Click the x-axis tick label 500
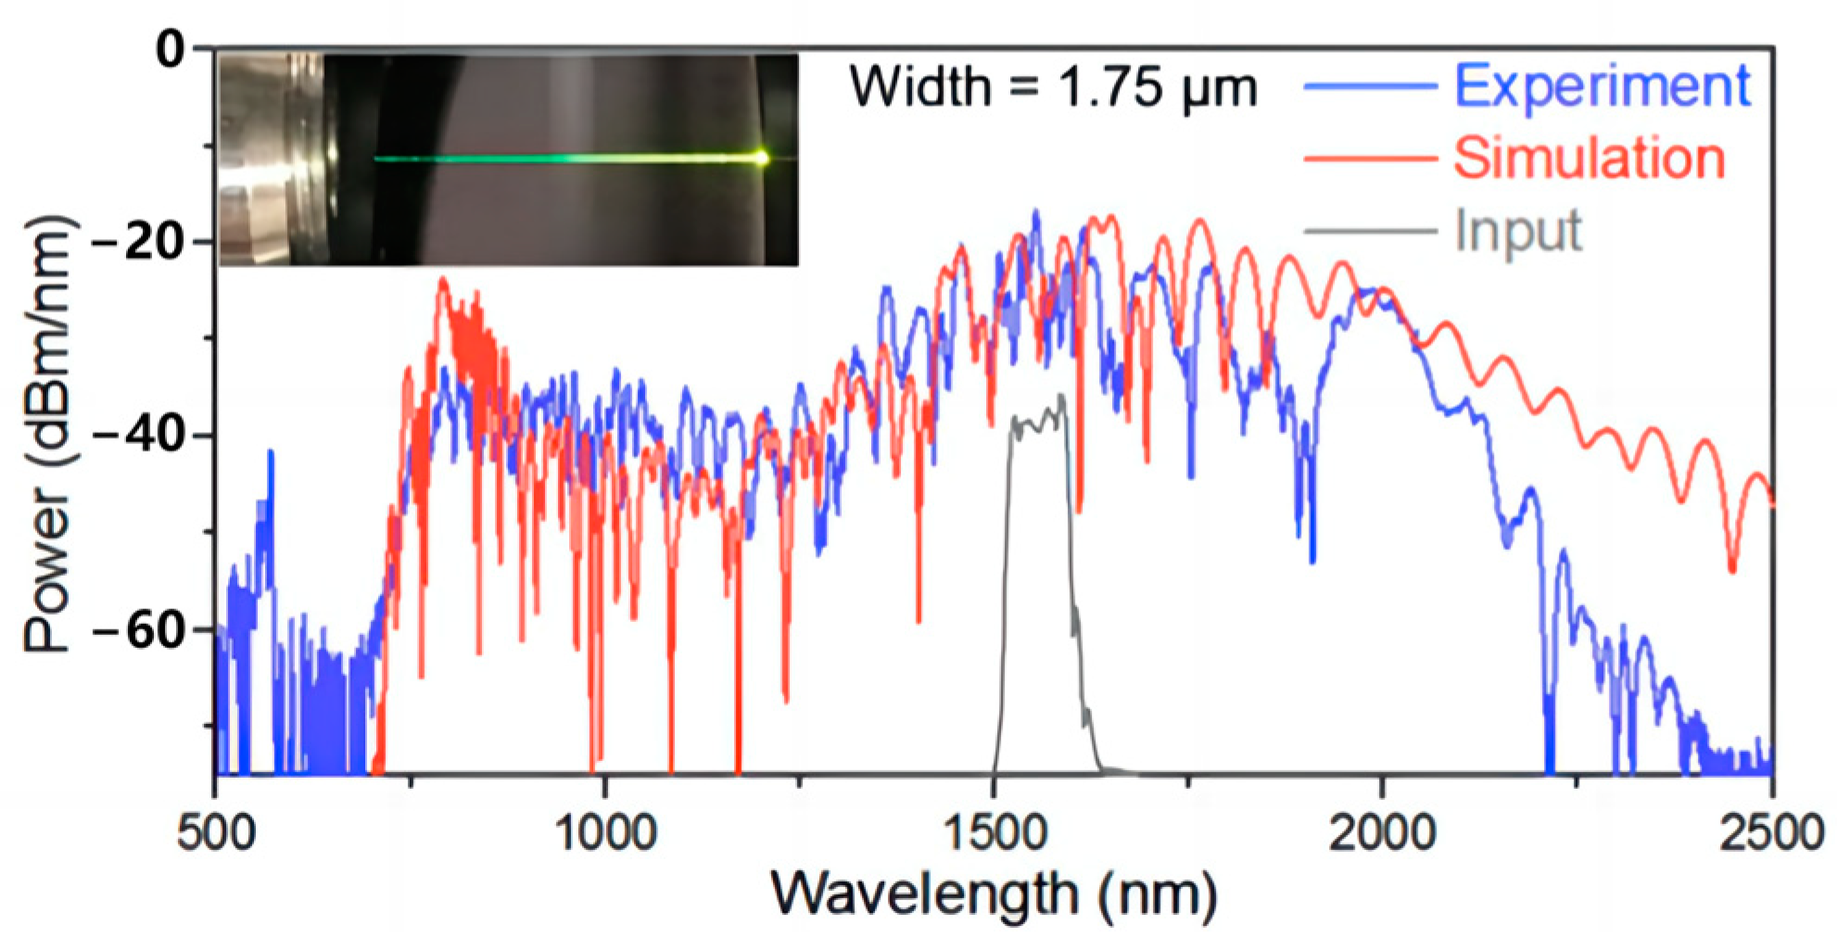(x=216, y=833)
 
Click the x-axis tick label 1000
(x=604, y=833)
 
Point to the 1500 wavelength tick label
(x=994, y=833)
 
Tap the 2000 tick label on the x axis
(x=1382, y=833)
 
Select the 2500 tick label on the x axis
(x=1770, y=833)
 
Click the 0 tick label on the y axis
(x=171, y=49)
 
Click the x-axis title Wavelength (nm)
(x=994, y=895)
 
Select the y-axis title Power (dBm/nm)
(x=48, y=436)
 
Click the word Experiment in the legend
(x=1602, y=87)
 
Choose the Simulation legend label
(x=1589, y=158)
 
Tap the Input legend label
(x=1518, y=231)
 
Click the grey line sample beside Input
(x=1370, y=231)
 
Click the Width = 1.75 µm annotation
(x=1054, y=88)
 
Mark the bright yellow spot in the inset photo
(x=761, y=158)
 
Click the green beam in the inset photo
(x=556, y=159)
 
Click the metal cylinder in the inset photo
(x=269, y=159)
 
